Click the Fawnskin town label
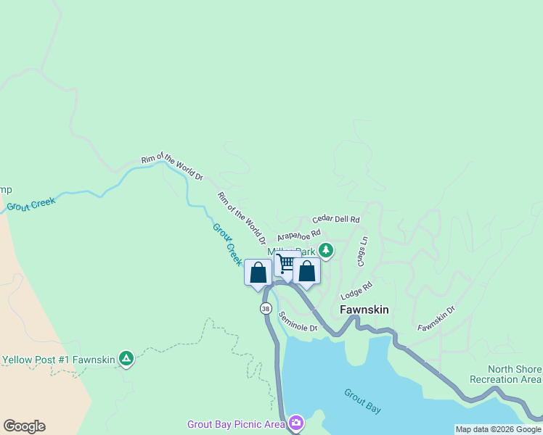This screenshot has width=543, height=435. point(364,310)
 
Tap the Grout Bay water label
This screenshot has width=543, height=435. point(363,401)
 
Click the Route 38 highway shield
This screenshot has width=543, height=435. point(266,308)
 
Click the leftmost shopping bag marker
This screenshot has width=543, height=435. point(258,273)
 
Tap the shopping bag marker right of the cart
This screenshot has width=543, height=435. point(307,272)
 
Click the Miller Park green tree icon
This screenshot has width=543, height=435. point(327,250)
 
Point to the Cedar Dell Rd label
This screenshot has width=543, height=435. point(336,219)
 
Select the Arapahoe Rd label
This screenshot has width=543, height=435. point(298,236)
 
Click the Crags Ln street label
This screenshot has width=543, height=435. point(362,251)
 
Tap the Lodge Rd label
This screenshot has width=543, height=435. point(356,291)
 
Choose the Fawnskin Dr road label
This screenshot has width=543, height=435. point(436,318)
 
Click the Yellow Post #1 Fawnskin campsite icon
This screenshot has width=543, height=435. point(126,358)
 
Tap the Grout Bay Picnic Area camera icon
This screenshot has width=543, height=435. point(295,423)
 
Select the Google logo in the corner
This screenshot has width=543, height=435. point(24,426)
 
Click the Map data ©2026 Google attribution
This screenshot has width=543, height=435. point(498,429)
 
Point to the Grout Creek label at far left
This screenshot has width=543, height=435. point(31,204)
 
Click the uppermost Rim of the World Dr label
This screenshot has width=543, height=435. point(172,166)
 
